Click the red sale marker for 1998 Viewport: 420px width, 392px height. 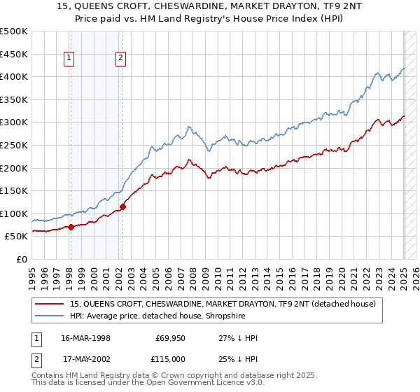pos(71,227)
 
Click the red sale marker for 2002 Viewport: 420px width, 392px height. pos(122,206)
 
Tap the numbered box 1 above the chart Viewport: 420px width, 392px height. pos(70,59)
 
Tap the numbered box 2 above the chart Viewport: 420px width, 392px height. pos(121,59)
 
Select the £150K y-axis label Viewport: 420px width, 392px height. pos(14,190)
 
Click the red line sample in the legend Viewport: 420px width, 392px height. pos(50,304)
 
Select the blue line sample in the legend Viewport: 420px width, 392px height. pos(50,316)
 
